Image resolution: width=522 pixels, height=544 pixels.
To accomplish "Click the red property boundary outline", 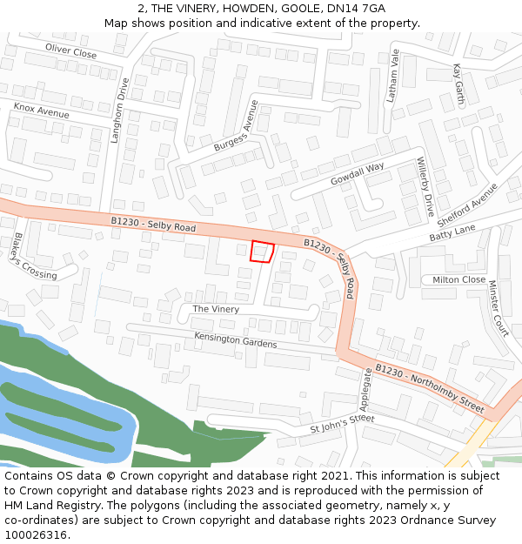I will [262, 252].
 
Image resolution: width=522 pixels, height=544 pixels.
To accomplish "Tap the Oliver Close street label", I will [71, 52].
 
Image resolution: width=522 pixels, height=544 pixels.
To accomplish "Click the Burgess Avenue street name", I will [237, 126].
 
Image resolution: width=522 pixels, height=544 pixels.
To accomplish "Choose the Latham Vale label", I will [392, 76].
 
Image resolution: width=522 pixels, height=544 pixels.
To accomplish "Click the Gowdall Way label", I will [358, 174].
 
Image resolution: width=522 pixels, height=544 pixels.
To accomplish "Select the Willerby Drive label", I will [425, 187].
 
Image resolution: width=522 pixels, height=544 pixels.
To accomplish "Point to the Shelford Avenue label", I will [467, 204].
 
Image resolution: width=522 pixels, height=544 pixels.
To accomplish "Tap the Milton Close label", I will [459, 279].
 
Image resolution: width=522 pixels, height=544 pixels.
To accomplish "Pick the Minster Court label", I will [498, 308].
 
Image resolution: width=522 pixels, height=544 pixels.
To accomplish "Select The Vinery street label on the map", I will [215, 309].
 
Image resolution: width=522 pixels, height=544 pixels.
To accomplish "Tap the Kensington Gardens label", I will [235, 339].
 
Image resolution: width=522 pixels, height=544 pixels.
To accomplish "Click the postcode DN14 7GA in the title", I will [356, 8].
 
